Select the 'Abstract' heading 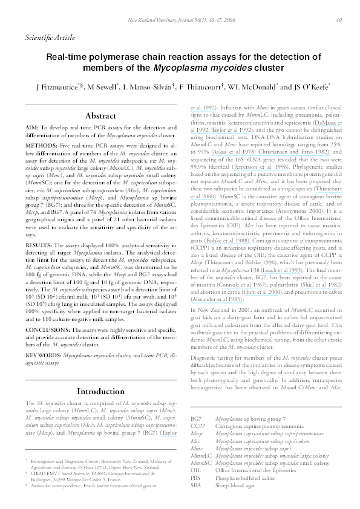pyautogui.click(x=100, y=115)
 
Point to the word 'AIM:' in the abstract pyautogui.click(x=33, y=129)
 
